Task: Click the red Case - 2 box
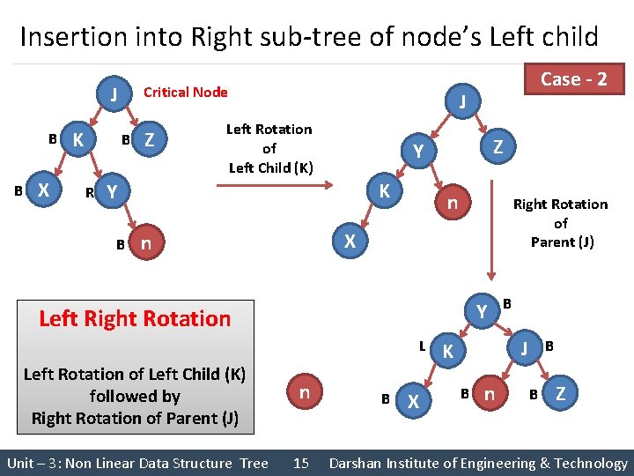pos(573,79)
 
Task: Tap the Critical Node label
pos(185,92)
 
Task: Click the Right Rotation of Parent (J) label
pos(560,223)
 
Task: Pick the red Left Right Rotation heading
pos(135,318)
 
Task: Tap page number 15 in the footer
pos(300,463)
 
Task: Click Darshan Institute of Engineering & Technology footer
pos(477,463)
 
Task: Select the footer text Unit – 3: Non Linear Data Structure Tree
pos(137,463)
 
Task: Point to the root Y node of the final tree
pos(482,311)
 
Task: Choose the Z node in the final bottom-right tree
pos(560,392)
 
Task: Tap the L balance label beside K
pos(423,346)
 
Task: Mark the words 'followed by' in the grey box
pos(135,396)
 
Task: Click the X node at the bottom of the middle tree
pos(349,241)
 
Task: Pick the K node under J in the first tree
pos(79,139)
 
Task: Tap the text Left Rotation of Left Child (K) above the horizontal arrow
pos(269,148)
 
